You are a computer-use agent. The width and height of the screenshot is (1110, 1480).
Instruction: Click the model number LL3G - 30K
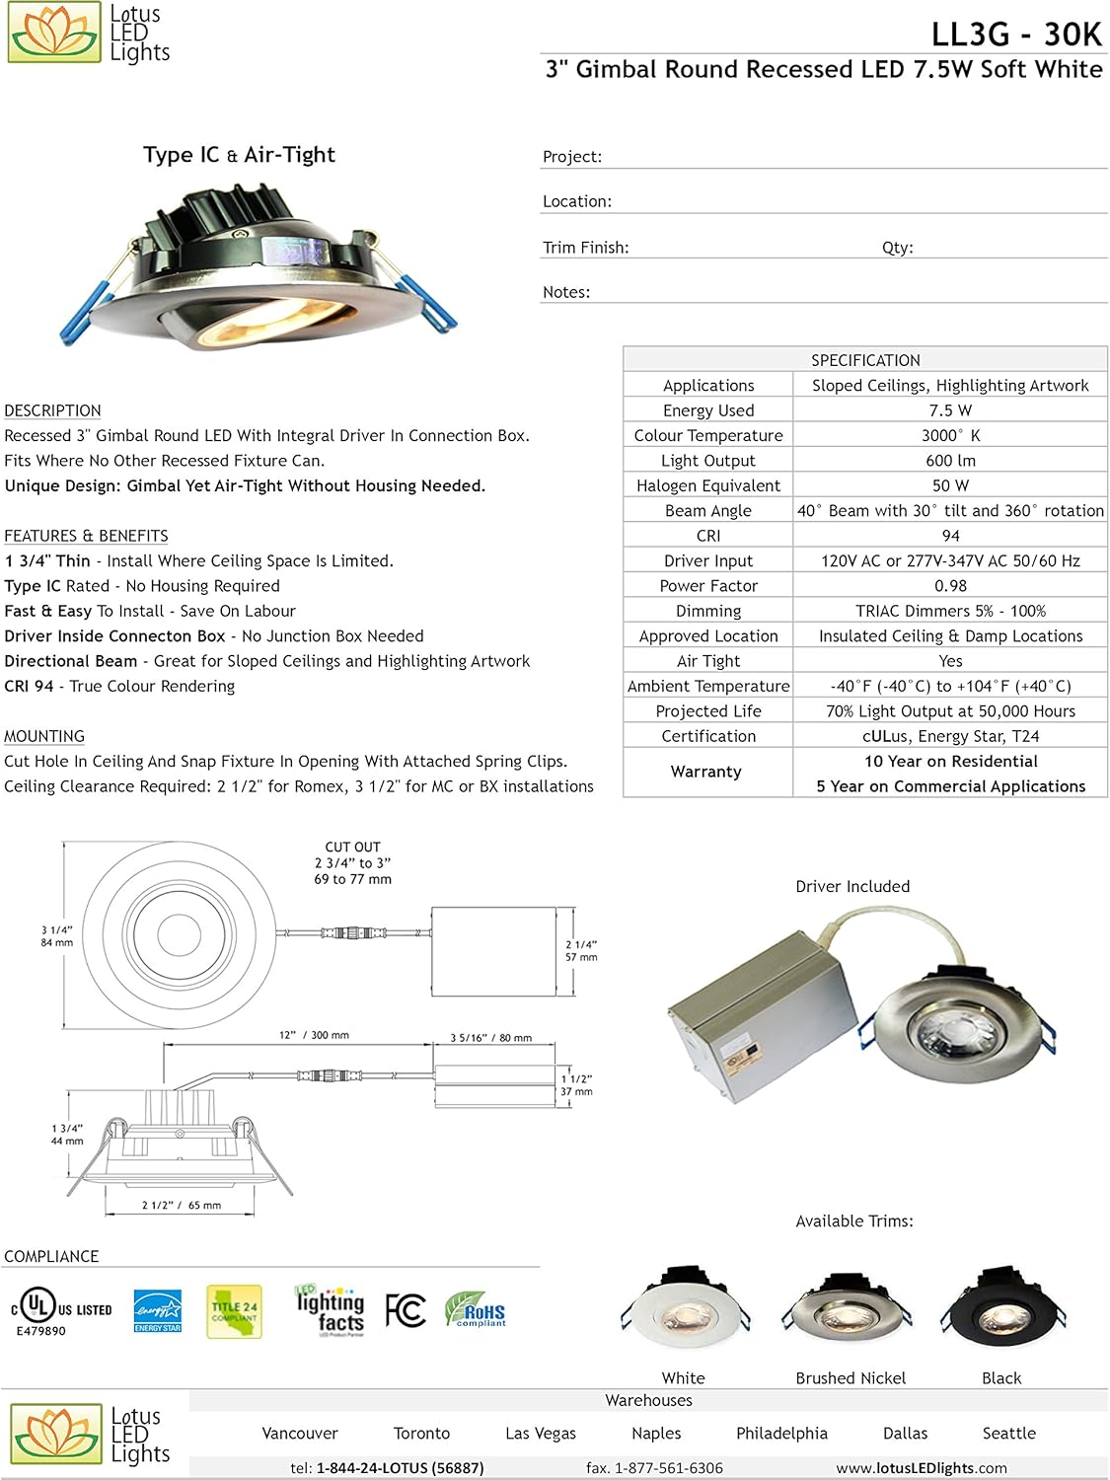(x=1015, y=34)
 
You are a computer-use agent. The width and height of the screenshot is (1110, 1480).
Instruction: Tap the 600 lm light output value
(x=950, y=461)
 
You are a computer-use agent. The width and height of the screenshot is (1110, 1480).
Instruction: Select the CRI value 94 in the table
(x=950, y=536)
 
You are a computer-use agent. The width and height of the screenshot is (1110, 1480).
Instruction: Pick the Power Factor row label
(x=708, y=586)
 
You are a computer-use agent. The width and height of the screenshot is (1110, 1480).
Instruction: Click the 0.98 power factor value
(x=950, y=586)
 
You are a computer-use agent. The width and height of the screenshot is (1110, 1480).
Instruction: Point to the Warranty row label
(x=706, y=772)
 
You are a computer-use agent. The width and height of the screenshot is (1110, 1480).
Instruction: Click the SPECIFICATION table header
(x=865, y=360)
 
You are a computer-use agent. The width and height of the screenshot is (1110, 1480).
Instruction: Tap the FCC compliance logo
(x=406, y=1310)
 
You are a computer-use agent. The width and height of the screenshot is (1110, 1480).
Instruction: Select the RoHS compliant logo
(x=476, y=1309)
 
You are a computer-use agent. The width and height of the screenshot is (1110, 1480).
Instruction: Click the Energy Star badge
(x=158, y=1310)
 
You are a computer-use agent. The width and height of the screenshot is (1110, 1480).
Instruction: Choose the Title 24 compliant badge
(x=234, y=1311)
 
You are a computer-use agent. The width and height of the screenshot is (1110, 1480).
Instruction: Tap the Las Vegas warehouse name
(x=540, y=1434)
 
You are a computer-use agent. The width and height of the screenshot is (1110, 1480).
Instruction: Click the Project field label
(x=572, y=157)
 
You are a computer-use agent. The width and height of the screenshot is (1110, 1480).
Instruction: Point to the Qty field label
(x=897, y=248)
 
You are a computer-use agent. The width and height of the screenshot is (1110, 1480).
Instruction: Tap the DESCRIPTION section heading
(x=52, y=410)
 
